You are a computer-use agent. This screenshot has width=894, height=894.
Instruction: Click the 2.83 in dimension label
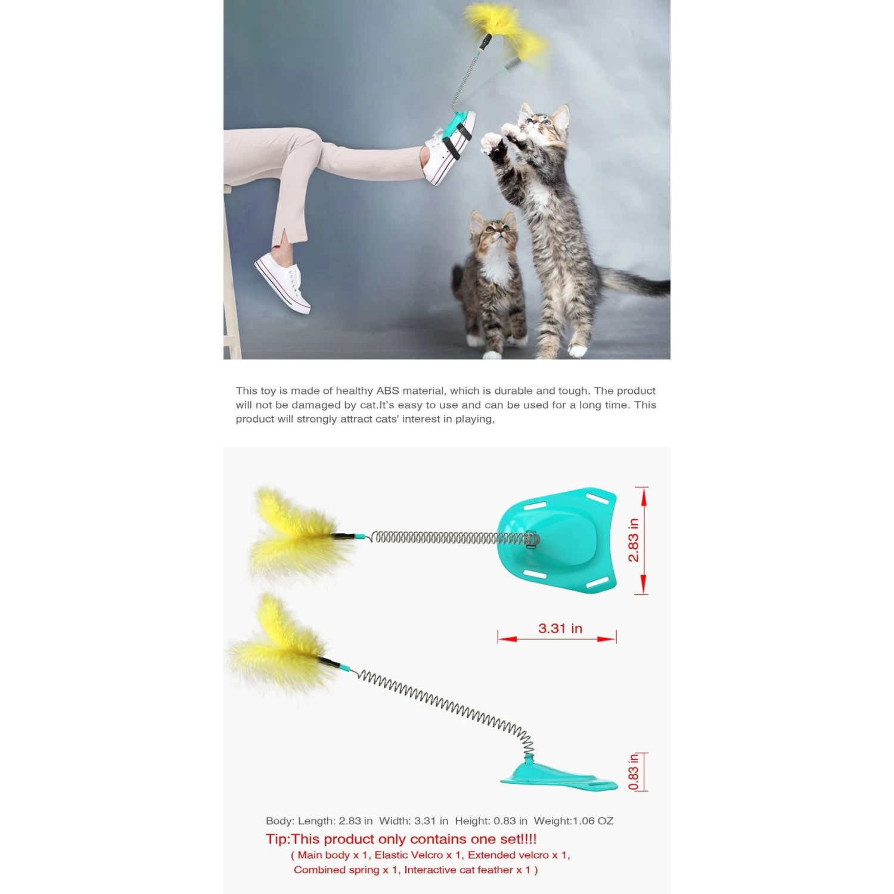pos(633,540)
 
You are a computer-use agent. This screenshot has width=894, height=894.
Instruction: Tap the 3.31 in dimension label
pos(560,628)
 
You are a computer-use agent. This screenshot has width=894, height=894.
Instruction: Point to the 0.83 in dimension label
pos(633,772)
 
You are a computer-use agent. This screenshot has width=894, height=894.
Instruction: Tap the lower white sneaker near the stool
pos(283,281)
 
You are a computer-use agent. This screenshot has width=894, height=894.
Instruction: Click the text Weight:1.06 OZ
pos(573,821)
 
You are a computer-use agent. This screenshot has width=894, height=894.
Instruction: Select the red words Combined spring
pos(336,870)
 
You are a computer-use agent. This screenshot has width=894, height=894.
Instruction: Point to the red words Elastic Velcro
pos(409,855)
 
